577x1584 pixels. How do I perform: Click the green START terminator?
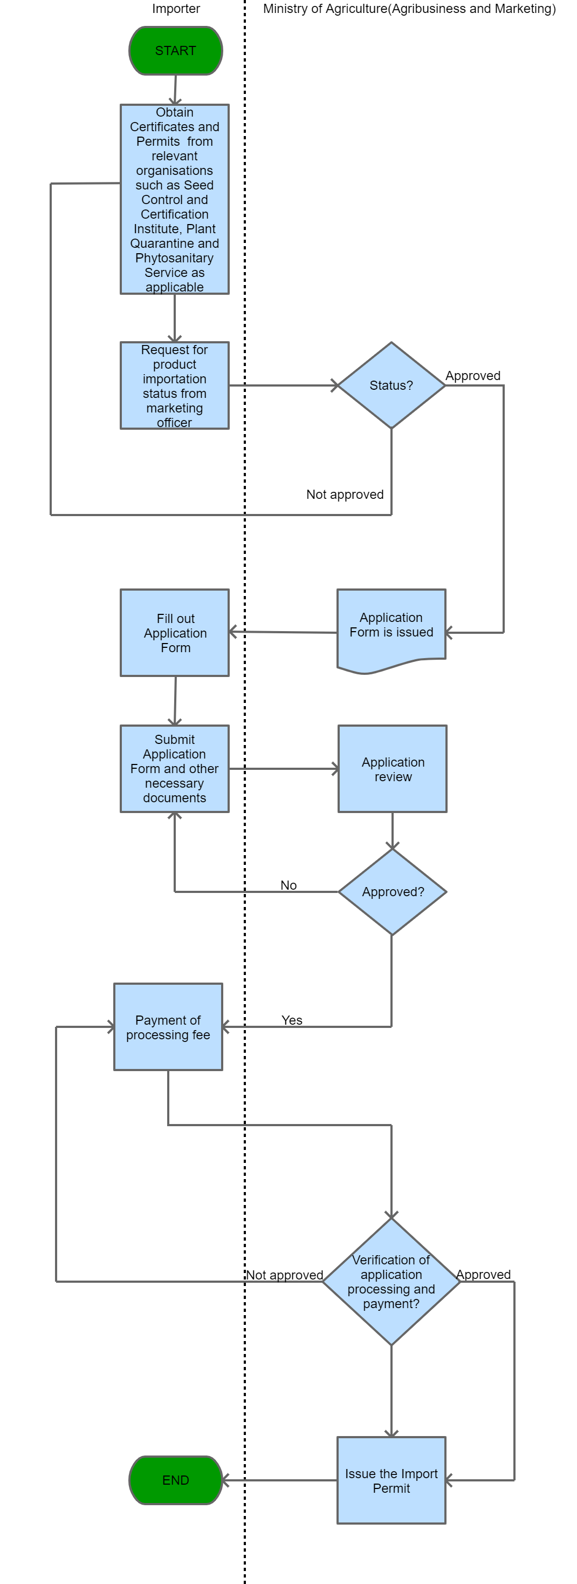(x=175, y=50)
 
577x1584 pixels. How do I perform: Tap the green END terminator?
(x=175, y=1480)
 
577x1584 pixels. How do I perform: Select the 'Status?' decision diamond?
(x=391, y=385)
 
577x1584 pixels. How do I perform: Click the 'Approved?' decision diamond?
(x=392, y=892)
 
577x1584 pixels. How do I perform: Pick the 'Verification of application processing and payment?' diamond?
(x=391, y=1282)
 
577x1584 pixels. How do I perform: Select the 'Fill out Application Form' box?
(x=175, y=633)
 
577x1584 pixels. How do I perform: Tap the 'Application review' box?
(x=392, y=769)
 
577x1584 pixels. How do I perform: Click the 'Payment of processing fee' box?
(x=168, y=1027)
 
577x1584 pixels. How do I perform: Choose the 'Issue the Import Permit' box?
(x=391, y=1480)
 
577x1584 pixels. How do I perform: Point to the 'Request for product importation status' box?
(x=175, y=385)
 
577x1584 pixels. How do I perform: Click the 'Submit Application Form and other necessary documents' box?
(x=175, y=769)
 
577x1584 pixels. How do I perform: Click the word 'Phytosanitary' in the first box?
(x=175, y=258)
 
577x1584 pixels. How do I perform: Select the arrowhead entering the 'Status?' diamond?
(x=335, y=385)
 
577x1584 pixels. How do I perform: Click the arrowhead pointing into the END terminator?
(x=225, y=1480)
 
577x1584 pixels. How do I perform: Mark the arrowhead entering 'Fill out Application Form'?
(x=233, y=632)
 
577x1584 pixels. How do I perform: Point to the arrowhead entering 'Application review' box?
(x=335, y=769)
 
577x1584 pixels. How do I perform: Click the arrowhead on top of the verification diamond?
(x=391, y=1215)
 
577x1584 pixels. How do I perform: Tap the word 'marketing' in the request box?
(x=175, y=408)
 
